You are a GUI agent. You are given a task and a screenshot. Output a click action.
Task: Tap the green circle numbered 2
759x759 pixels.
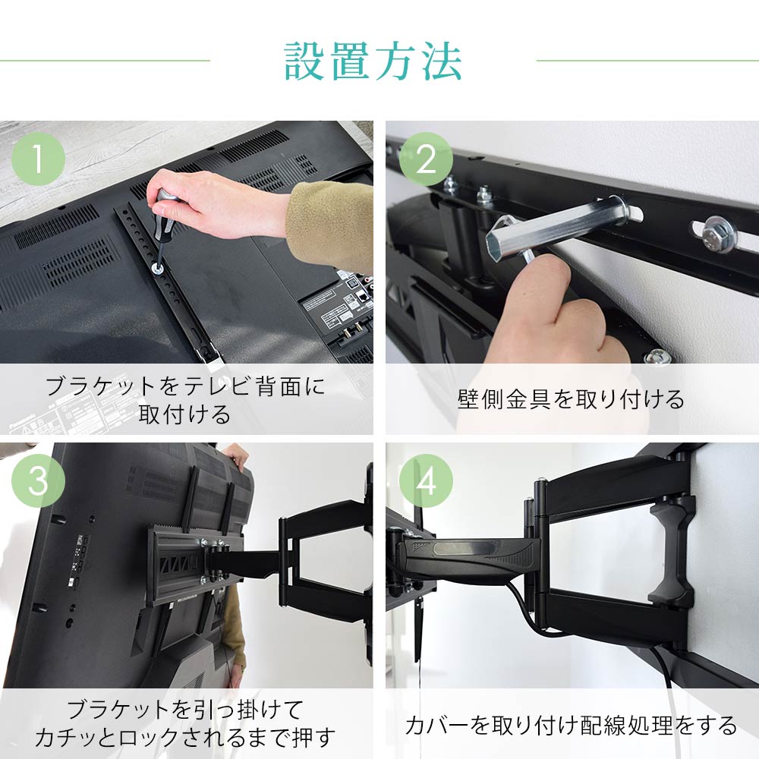[x=426, y=159]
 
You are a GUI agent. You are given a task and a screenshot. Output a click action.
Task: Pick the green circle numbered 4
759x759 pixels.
[x=426, y=480]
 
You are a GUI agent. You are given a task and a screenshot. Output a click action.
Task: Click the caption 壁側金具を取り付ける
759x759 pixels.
[x=571, y=399]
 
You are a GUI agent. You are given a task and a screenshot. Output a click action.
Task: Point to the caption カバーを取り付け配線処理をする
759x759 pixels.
[x=571, y=725]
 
